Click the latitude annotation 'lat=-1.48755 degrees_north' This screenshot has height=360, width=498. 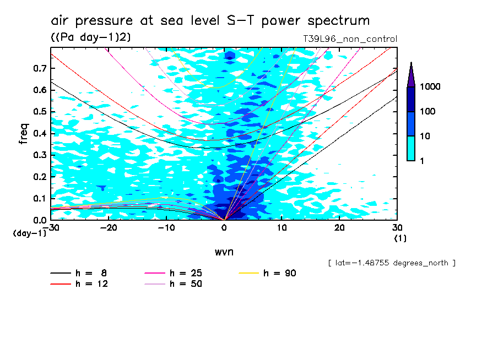point(392,263)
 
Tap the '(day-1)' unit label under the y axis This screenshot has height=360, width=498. point(29,233)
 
